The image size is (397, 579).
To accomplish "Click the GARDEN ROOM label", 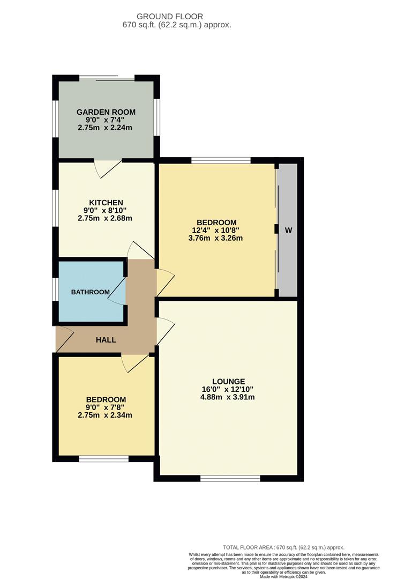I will tap(106, 112).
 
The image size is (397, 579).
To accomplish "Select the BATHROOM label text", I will tap(91, 292).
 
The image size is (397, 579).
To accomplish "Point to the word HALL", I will tap(106, 340).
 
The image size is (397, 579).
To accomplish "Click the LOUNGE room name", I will tap(228, 381).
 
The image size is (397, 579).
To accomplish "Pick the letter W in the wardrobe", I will tap(288, 230).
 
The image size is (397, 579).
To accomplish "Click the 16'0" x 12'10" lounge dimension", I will tap(228, 389).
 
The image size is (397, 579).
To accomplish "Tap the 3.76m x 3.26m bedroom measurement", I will tap(216, 238).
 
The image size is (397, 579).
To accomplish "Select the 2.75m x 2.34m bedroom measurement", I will tap(105, 415).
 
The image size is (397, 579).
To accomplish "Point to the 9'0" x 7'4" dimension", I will tap(106, 120).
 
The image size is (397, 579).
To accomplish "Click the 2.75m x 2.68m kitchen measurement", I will tap(105, 218).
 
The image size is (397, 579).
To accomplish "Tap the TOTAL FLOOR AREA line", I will tap(283, 547).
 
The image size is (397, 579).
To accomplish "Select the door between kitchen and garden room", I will tap(108, 168).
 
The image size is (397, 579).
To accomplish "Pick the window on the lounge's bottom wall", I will tap(230, 478).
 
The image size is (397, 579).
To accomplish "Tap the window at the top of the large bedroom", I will tap(221, 160).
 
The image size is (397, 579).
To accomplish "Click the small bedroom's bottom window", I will tap(103, 458).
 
